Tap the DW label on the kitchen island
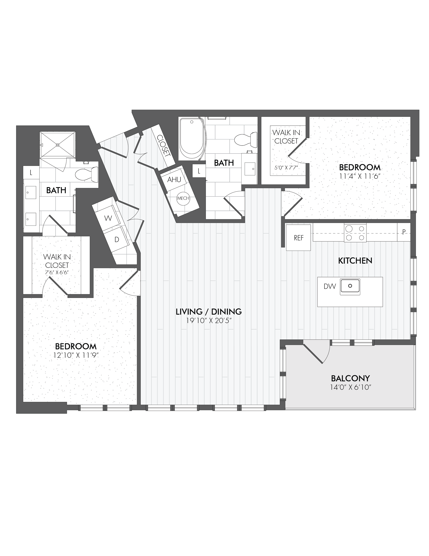330,286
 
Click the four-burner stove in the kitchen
355,232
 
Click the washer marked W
108,218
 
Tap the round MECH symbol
183,198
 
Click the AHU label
174,180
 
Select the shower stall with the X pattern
58,145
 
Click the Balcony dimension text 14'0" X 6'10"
350,387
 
